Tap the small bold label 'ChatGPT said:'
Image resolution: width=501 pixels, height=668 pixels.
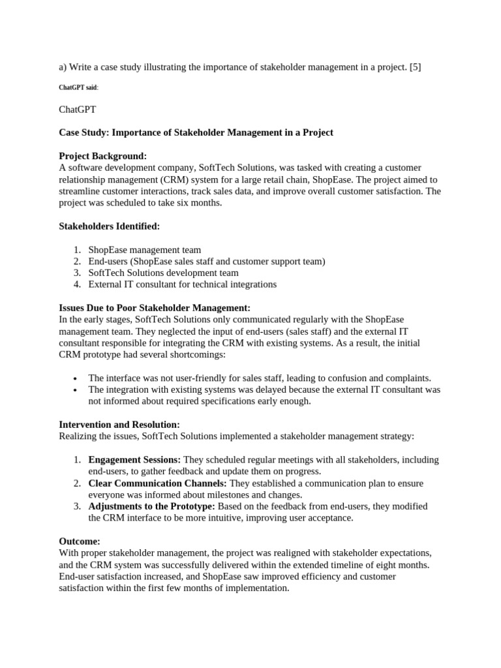point(78,87)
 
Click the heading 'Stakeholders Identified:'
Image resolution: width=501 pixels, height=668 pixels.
point(109,226)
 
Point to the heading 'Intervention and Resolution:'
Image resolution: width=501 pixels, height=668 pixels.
point(119,425)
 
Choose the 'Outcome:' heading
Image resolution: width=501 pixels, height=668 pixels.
point(80,541)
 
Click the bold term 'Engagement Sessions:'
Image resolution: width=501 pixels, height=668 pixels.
point(134,460)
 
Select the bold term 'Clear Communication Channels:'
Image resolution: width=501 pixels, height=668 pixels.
point(158,483)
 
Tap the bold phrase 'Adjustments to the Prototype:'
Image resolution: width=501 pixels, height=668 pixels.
point(151,506)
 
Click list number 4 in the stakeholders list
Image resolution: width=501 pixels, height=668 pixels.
point(77,284)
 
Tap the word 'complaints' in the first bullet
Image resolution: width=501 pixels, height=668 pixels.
point(406,378)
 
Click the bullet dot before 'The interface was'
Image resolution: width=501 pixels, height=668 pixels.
point(76,378)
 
